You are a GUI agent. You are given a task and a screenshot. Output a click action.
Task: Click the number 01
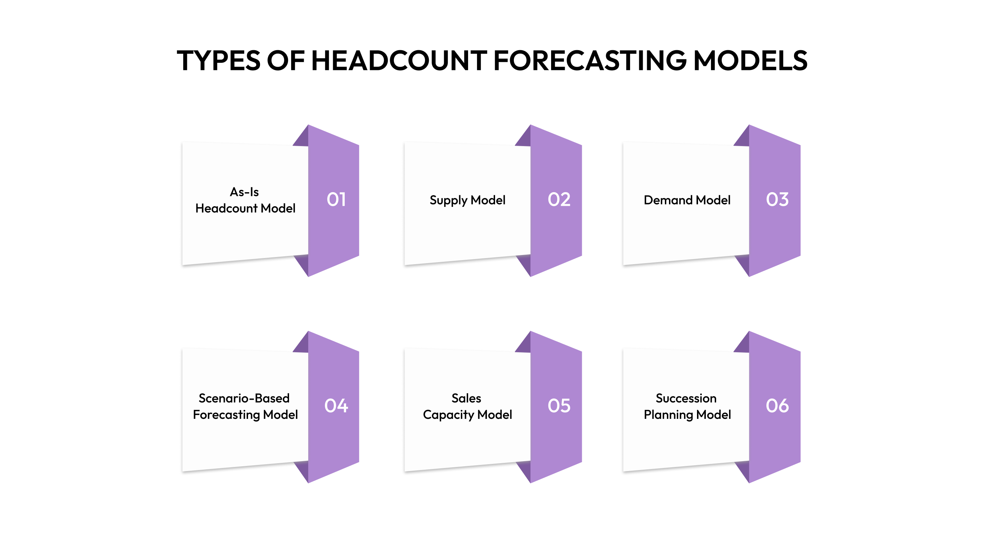336,199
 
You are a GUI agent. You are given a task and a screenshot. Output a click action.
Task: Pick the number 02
559,199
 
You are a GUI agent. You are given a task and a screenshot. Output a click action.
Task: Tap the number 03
777,199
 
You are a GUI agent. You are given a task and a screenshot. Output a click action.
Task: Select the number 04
336,405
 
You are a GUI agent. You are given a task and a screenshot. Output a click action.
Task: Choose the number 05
559,405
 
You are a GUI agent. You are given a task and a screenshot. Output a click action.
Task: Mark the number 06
777,405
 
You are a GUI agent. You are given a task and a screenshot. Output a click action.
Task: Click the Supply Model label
467,200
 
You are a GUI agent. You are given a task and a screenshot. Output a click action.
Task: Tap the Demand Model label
687,200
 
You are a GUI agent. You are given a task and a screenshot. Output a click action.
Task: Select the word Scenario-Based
244,398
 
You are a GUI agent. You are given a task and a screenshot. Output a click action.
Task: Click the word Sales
466,398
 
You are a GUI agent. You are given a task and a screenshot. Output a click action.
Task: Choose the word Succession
686,398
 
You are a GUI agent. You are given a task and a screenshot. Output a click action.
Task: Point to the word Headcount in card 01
227,208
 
